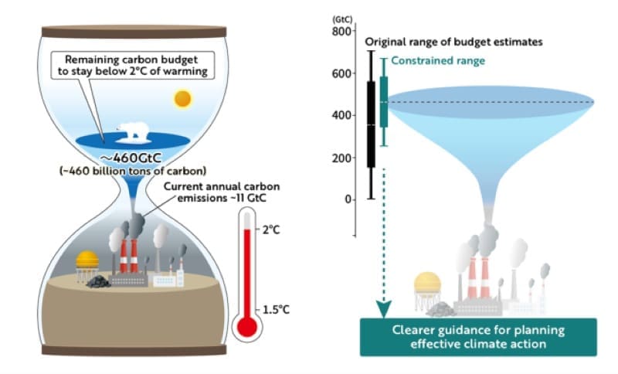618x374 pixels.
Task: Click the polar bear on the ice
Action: pyautogui.click(x=133, y=133)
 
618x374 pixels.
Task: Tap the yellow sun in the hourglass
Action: pyautogui.click(x=182, y=99)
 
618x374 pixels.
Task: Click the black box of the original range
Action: pyautogui.click(x=372, y=124)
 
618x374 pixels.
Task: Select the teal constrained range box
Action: pyautogui.click(x=384, y=100)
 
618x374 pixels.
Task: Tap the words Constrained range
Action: pyautogui.click(x=427, y=61)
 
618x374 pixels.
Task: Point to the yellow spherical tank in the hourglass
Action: pyautogui.click(x=87, y=260)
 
